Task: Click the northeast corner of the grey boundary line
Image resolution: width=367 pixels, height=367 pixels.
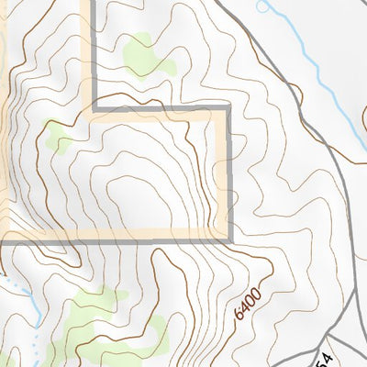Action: [x=228, y=111]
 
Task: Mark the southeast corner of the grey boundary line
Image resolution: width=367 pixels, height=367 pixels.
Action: [x=228, y=237]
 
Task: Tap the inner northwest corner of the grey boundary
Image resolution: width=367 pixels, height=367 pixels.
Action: [x=95, y=111]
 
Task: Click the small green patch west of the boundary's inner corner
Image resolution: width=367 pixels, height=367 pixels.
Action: [x=60, y=139]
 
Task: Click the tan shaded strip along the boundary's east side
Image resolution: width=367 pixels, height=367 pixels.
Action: [x=220, y=174]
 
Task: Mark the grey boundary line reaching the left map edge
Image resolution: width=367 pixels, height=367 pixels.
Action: [x=46, y=237]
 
